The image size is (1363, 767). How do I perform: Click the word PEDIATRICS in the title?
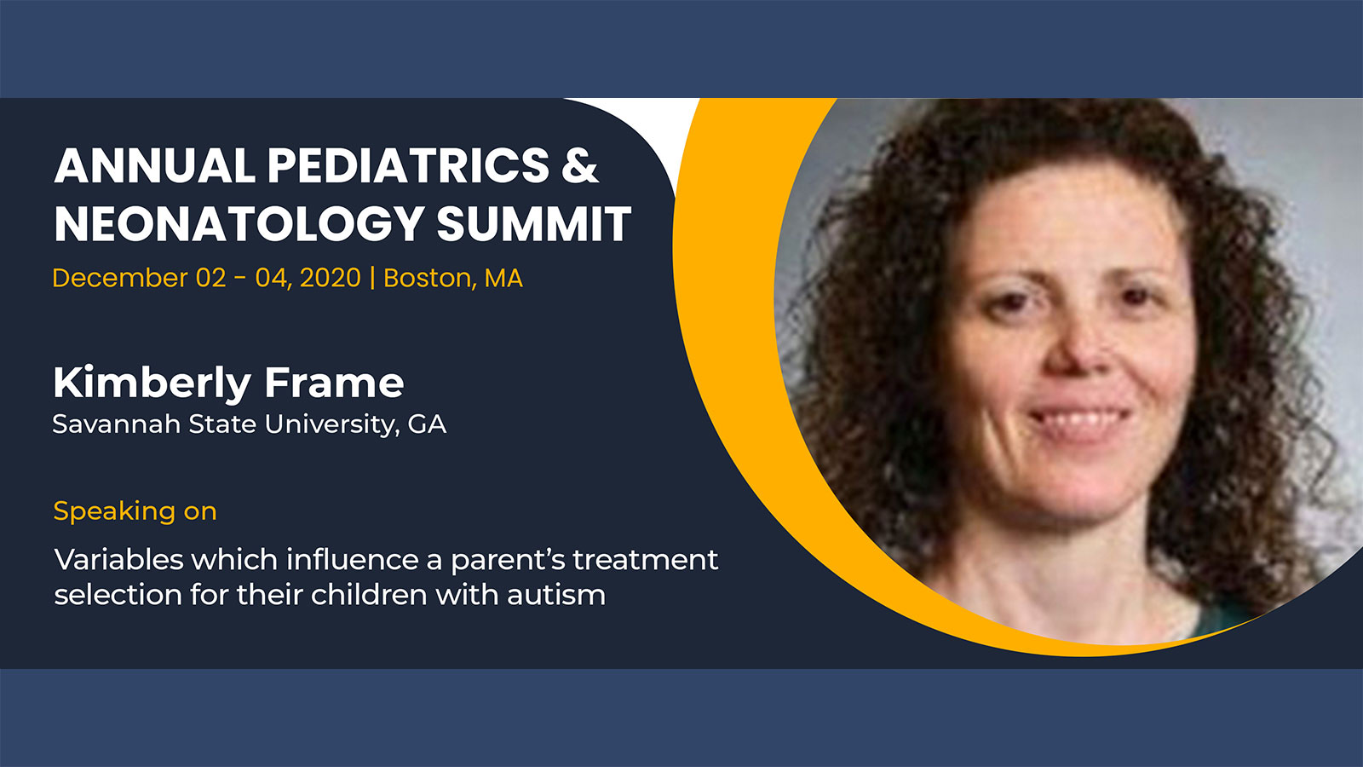coord(408,165)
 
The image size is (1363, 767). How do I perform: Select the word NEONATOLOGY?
coord(239,223)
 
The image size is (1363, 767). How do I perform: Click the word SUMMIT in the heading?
coord(533,223)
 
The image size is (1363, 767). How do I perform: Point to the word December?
coord(120,278)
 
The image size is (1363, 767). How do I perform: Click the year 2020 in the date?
coord(331,278)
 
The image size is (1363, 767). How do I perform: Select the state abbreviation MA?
coord(503,278)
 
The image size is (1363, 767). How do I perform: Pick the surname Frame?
coord(334,383)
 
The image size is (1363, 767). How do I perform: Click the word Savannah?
coord(117,424)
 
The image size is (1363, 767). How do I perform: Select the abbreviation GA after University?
coord(427,424)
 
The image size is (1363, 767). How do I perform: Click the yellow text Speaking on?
coord(135,511)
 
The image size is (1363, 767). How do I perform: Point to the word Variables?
coord(118,559)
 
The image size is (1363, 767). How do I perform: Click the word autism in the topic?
coord(556,595)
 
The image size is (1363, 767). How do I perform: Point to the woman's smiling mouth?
coord(1078,420)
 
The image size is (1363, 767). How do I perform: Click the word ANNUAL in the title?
coord(154,165)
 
